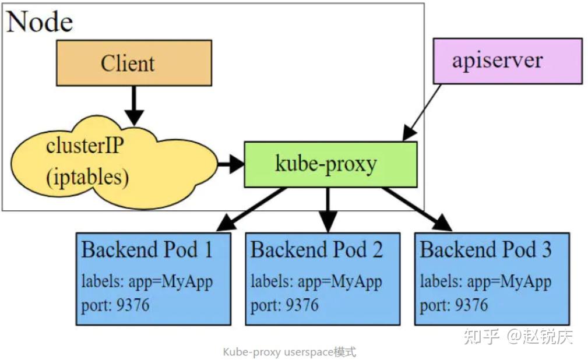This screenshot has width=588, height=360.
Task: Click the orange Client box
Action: pos(133,63)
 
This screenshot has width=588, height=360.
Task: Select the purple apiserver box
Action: pos(507,61)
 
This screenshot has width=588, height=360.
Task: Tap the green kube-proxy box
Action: pos(330,164)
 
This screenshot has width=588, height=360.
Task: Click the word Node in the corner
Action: pos(40,22)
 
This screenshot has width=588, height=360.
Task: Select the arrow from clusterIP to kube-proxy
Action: pos(230,165)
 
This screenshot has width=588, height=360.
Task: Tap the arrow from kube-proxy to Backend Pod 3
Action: pos(417,209)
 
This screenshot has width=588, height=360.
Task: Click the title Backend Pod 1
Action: pos(147,250)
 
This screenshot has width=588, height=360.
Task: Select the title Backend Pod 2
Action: pos(316,250)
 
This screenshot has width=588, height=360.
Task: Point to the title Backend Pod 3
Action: pos(485,250)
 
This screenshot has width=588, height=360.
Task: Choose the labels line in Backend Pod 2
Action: pos(316,282)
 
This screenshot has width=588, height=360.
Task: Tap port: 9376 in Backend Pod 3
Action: pos(454,305)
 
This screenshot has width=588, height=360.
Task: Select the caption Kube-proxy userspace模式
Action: pos(289,352)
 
